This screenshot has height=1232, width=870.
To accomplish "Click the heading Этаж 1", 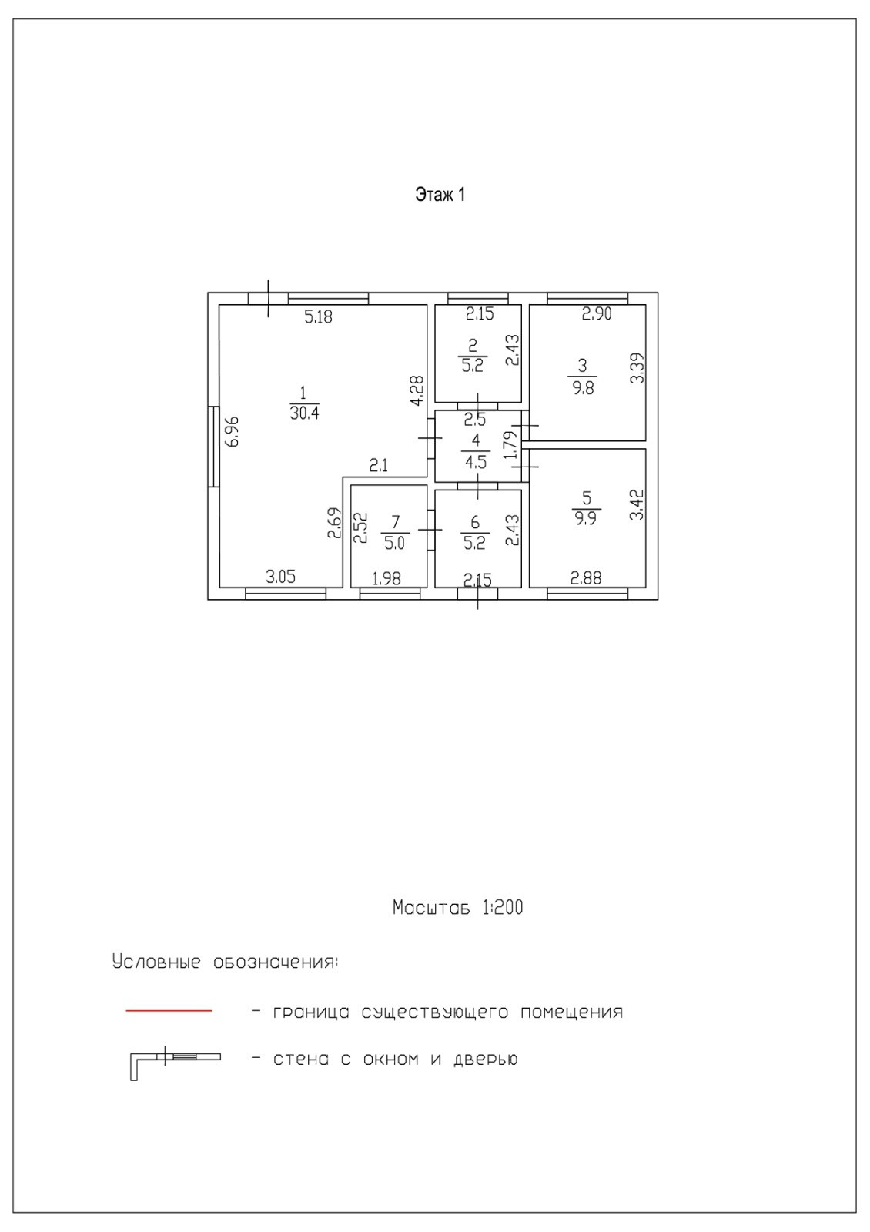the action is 440,195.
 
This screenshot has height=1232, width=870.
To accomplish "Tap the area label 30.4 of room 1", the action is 304,413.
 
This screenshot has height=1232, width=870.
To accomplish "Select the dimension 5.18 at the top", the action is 318,316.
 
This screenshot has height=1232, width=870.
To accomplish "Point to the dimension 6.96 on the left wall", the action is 233,431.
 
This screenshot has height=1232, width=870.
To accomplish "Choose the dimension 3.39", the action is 637,368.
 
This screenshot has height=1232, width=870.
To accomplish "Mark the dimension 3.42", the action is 636,504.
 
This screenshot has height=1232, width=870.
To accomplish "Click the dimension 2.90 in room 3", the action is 596,314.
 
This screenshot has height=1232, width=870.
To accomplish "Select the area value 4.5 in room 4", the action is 476,463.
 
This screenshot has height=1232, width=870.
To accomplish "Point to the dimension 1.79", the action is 510,445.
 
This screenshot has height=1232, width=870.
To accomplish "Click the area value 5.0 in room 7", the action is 393,543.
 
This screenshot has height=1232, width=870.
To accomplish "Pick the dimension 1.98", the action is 386,578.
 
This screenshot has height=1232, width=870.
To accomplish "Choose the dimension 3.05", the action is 280,577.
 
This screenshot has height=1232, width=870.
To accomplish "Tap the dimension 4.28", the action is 417,390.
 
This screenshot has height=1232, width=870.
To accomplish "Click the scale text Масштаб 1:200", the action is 457,908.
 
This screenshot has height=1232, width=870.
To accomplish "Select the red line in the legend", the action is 169,1010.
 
